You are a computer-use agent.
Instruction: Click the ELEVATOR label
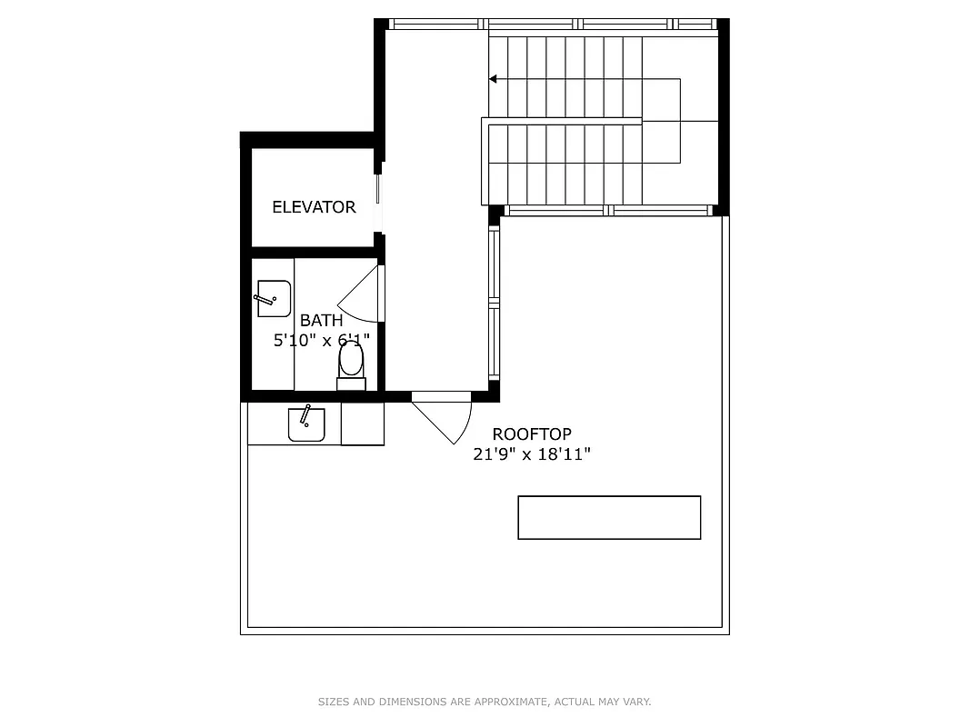coord(314,207)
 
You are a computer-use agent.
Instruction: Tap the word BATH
coord(322,320)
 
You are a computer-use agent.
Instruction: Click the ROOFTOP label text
coord(532,434)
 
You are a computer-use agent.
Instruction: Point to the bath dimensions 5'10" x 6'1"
coord(322,341)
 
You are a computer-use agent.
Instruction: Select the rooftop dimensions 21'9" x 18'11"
coord(532,454)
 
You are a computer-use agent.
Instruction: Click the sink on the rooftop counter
coord(306,423)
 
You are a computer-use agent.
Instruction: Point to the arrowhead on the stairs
coord(493,79)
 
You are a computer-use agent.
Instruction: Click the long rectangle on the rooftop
coord(609,517)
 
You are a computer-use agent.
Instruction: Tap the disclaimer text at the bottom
coord(485,702)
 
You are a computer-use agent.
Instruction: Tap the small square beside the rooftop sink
coord(363,423)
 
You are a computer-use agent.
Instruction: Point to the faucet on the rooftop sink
coord(306,414)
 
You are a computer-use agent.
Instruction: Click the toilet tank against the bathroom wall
coord(351,383)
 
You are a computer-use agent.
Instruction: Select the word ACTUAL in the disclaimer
coord(576,702)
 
